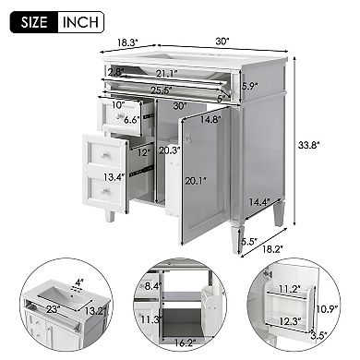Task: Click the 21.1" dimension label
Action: pos(167,73)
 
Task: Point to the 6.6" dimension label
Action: pos(132,120)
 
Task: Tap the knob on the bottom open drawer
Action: pos(105,191)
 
